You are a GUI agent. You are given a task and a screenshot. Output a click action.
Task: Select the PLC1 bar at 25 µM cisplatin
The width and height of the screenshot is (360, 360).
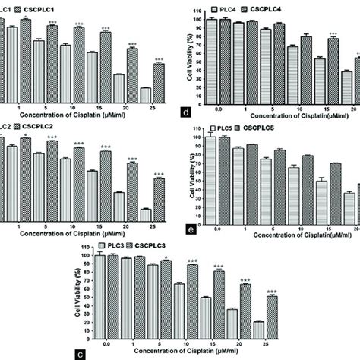[146, 93]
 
